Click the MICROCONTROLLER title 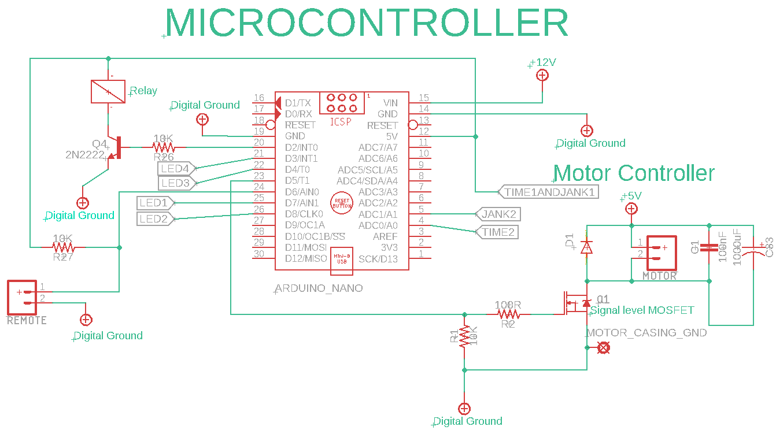pos(367,23)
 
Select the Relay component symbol pos(109,91)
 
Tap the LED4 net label pos(176,169)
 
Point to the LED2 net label pos(154,219)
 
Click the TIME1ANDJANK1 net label pos(548,192)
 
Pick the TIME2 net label pos(497,232)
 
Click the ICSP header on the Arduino pos(341,103)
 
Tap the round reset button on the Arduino pos(341,202)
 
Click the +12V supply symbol pos(542,75)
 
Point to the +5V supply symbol pos(631,209)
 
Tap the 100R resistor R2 pos(509,314)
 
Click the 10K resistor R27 pos(64,247)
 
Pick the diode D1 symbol pos(586,247)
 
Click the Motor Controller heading pos(634,173)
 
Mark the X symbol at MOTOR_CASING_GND pos(603,347)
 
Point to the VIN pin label pos(390,103)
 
